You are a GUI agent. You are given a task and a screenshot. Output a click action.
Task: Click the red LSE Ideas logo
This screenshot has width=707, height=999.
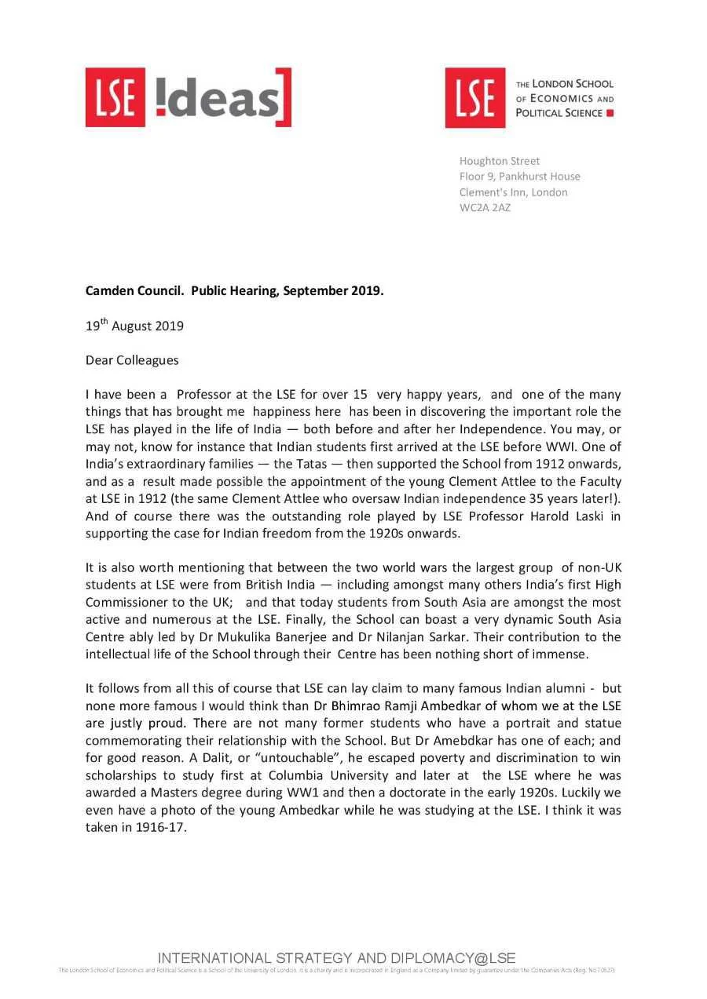pyautogui.click(x=188, y=97)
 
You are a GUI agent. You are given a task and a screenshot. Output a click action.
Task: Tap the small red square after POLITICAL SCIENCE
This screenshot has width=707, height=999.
pyautogui.click(x=610, y=113)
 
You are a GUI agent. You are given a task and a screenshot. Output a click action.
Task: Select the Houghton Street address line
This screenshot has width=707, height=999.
pyautogui.click(x=499, y=161)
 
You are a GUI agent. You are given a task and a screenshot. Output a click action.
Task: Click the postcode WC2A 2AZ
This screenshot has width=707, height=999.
pyautogui.click(x=485, y=208)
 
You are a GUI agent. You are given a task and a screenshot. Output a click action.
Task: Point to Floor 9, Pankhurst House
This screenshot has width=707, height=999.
pyautogui.click(x=519, y=177)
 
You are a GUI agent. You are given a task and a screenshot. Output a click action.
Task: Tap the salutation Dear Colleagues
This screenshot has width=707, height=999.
pyautogui.click(x=132, y=361)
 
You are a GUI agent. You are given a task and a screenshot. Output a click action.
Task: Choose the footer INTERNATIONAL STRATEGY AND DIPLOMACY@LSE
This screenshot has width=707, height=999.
pyautogui.click(x=336, y=958)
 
